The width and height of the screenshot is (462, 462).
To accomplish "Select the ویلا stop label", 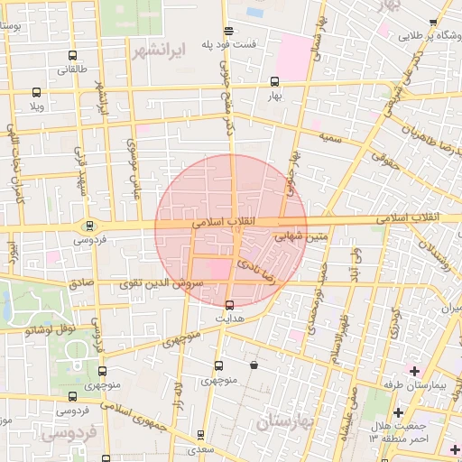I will (x=36, y=106).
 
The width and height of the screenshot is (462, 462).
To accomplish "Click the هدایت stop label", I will (x=229, y=319).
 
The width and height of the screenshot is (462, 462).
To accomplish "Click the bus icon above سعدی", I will (x=200, y=434).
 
